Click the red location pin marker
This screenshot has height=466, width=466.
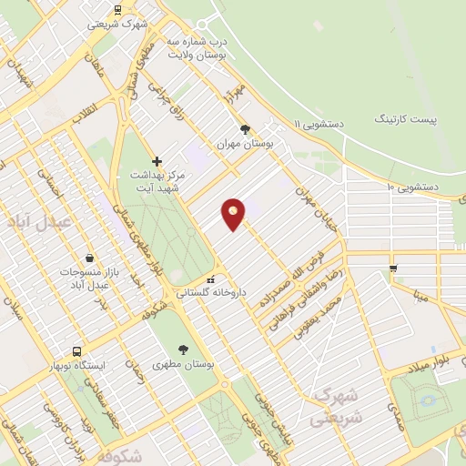point(234,213)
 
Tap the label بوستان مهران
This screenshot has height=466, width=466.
point(244,144)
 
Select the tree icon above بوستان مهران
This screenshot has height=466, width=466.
point(244,129)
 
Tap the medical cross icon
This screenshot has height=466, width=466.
point(157,160)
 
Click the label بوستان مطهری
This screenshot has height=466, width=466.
point(187,364)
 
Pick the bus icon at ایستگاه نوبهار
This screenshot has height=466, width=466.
point(76,350)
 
